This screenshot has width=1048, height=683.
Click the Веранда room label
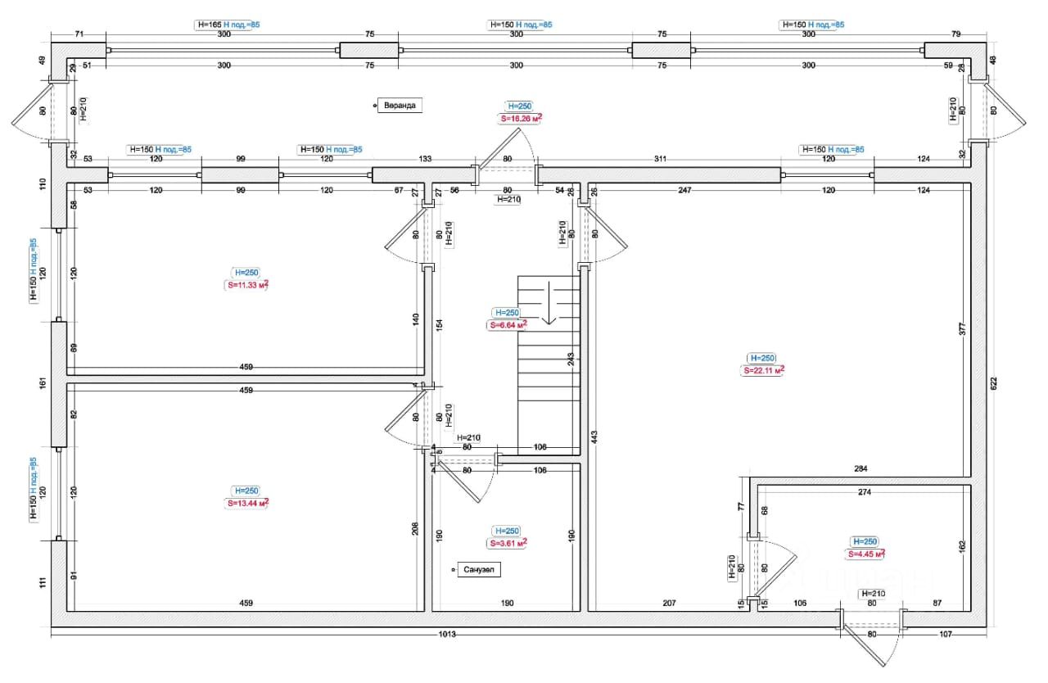click(399, 105)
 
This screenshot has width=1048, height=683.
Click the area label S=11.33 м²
click(246, 285)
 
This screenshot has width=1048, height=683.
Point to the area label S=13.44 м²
click(246, 503)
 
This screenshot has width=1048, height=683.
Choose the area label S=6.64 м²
click(508, 325)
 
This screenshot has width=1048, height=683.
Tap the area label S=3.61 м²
click(508, 543)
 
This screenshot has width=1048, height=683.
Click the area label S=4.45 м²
click(865, 554)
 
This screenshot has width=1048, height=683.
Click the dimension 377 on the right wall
click(963, 329)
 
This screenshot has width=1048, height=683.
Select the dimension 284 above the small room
click(861, 469)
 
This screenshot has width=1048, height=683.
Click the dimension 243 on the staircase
click(570, 359)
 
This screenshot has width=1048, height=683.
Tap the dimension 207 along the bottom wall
click(669, 604)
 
